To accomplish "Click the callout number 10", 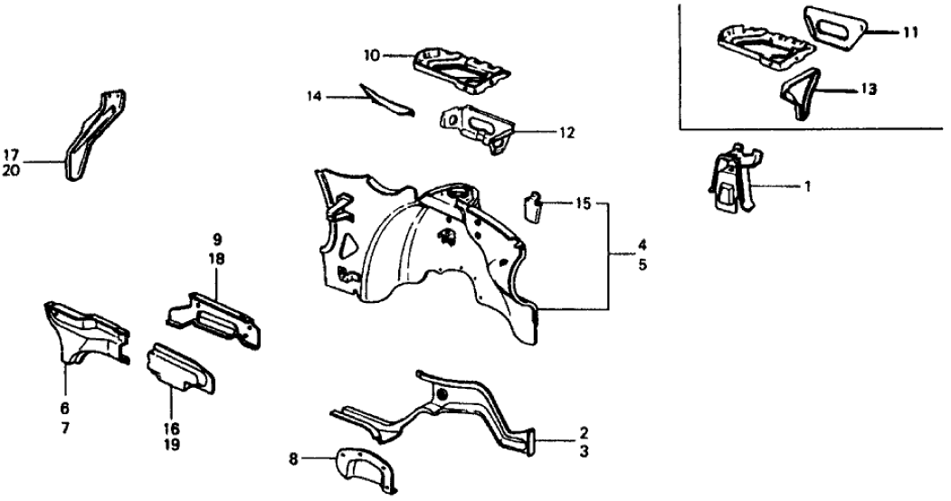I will (370, 55).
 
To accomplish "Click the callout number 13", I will (869, 90).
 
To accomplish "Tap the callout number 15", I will (583, 204).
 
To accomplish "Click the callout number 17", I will (11, 155).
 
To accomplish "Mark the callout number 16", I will (172, 428).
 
